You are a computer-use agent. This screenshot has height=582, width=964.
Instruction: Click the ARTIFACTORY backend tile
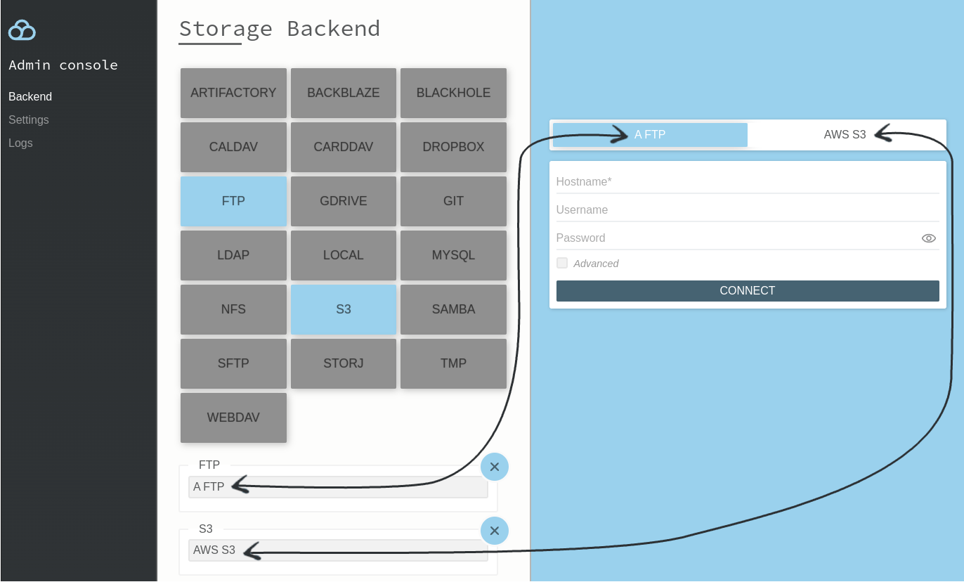pyautogui.click(x=233, y=93)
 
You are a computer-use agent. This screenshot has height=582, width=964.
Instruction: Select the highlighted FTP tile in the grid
pyautogui.click(x=233, y=201)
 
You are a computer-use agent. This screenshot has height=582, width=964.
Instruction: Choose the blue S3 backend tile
pyautogui.click(x=344, y=309)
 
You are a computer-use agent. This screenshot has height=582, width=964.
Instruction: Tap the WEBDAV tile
pyautogui.click(x=233, y=418)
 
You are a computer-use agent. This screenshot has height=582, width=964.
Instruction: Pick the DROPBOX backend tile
pyautogui.click(x=453, y=147)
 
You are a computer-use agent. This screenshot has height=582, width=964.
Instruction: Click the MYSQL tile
pyautogui.click(x=453, y=255)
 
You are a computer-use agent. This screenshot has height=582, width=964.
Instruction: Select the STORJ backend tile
pyautogui.click(x=344, y=363)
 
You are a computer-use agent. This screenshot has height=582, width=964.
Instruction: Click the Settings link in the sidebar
pyautogui.click(x=29, y=119)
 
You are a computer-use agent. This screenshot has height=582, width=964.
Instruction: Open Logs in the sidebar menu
pyautogui.click(x=20, y=143)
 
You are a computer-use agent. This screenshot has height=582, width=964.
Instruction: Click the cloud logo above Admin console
pyautogui.click(x=22, y=30)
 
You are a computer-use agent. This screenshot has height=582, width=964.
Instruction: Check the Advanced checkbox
pyautogui.click(x=562, y=263)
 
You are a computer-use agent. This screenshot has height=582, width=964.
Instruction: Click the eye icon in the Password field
pyautogui.click(x=928, y=238)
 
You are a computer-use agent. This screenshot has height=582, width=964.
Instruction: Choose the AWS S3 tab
pyautogui.click(x=845, y=134)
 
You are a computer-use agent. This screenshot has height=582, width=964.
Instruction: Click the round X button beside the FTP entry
pyautogui.click(x=495, y=467)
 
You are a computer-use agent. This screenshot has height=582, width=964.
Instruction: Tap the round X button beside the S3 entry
pyautogui.click(x=495, y=531)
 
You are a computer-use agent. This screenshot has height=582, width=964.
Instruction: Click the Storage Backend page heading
pyautogui.click(x=280, y=29)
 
